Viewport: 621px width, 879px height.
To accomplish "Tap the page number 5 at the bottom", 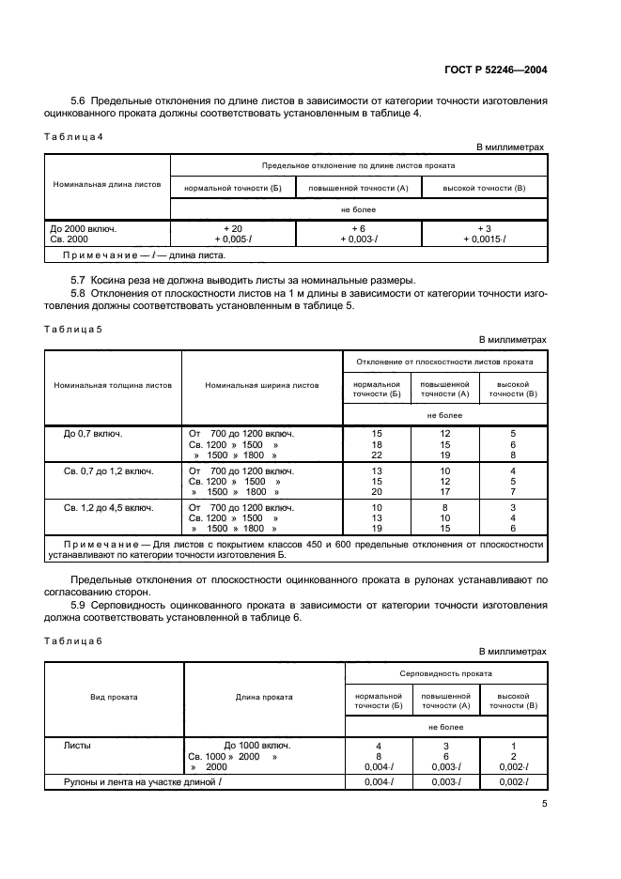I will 544,804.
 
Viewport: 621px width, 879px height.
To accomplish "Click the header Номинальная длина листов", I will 107,184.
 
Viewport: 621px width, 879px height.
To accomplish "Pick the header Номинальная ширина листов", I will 262,385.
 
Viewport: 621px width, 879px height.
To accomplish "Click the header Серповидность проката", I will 445,674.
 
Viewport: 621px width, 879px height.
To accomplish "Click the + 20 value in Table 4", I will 233,228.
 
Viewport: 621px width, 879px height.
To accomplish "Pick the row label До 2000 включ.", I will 83,228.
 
